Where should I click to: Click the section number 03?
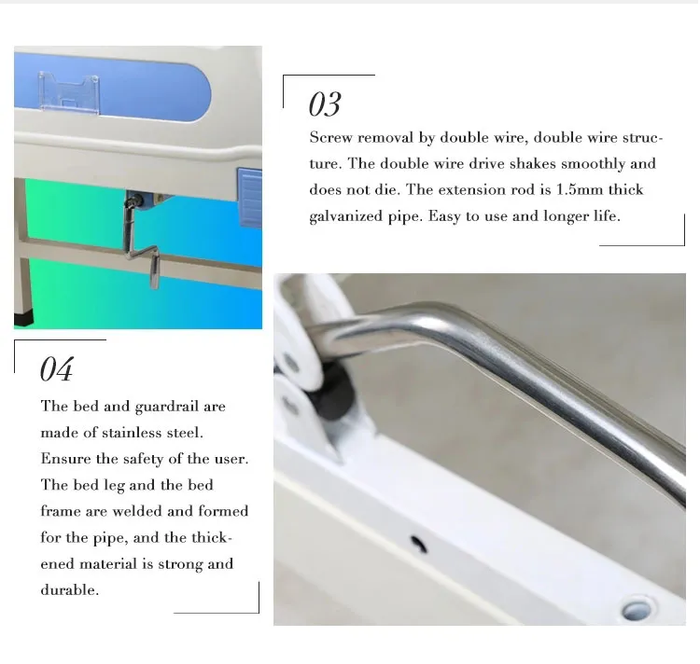point(325,104)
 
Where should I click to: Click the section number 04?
point(57,369)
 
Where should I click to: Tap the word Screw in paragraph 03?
point(330,137)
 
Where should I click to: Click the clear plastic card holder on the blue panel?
point(69,92)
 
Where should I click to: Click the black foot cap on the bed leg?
point(23,319)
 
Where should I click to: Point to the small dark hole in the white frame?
point(418,544)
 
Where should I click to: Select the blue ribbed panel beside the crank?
point(250,197)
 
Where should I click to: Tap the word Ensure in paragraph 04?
point(65,459)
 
